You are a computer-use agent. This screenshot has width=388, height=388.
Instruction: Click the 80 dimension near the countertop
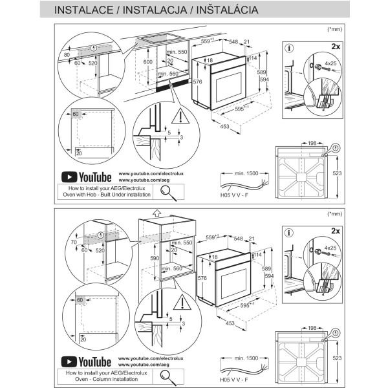coord(67,56)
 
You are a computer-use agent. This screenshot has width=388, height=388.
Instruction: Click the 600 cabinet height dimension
coord(148,61)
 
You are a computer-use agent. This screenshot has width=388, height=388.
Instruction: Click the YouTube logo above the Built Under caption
coord(86,177)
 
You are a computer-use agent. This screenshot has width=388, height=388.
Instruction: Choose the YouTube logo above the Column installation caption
coord(86,362)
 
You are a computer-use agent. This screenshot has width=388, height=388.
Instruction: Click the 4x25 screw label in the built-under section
coord(330,64)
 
